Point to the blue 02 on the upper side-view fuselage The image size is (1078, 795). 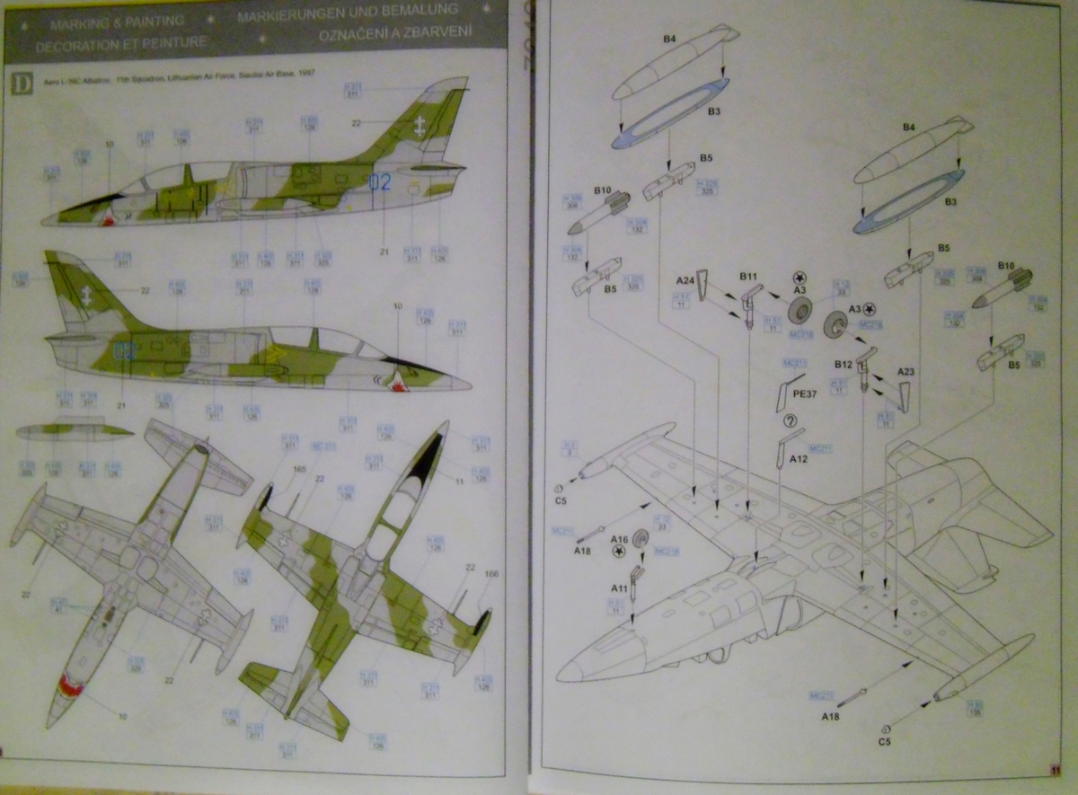point(380,182)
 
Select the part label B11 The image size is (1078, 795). point(749,275)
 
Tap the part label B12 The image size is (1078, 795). point(843,365)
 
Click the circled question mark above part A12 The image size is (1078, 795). point(790,420)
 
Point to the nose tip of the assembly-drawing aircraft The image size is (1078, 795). point(559,671)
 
